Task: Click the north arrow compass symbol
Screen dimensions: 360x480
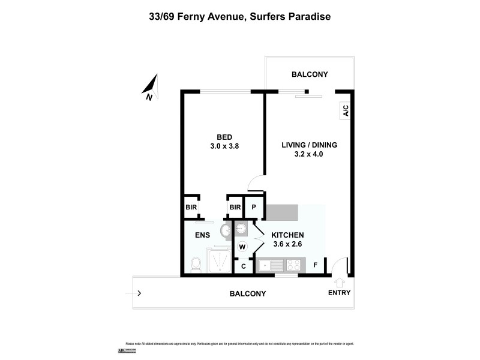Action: point(151,86)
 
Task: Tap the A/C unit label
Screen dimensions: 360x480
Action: point(345,110)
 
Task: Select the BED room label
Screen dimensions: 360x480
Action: point(225,137)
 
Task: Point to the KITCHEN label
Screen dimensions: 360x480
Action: point(287,235)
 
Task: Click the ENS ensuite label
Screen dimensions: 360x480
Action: point(202,235)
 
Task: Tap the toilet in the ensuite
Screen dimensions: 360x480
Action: point(195,264)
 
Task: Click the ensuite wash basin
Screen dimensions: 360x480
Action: point(227,231)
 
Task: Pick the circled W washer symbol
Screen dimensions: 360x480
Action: point(243,247)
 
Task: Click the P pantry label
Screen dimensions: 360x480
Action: point(254,208)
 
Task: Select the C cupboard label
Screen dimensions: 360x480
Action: point(243,266)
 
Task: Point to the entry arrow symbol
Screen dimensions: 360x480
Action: point(339,281)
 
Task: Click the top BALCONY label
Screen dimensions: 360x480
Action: point(310,74)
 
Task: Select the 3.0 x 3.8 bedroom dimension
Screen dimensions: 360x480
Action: point(225,146)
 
